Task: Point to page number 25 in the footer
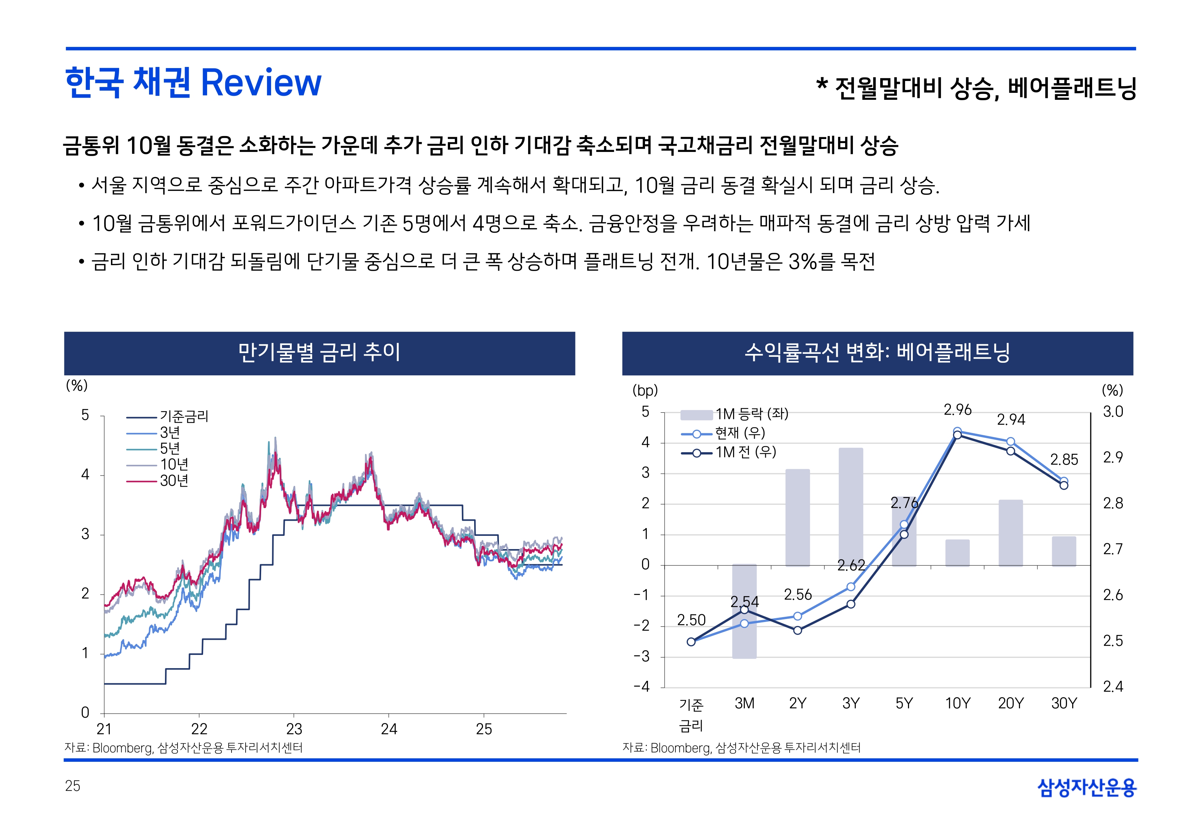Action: (72, 786)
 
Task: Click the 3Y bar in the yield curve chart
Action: (851, 505)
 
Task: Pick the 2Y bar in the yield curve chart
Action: (797, 517)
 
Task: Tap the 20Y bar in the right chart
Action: (1010, 532)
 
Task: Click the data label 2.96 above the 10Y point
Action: (958, 410)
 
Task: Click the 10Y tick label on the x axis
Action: (958, 703)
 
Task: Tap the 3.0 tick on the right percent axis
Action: (1113, 412)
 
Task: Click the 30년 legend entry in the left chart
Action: (173, 481)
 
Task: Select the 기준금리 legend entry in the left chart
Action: (183, 416)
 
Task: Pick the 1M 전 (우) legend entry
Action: (745, 452)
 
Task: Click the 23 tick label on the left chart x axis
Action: (294, 729)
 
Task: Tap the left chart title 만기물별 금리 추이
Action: (319, 352)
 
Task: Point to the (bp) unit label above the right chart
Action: (645, 390)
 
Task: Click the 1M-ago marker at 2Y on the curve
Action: (797, 630)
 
